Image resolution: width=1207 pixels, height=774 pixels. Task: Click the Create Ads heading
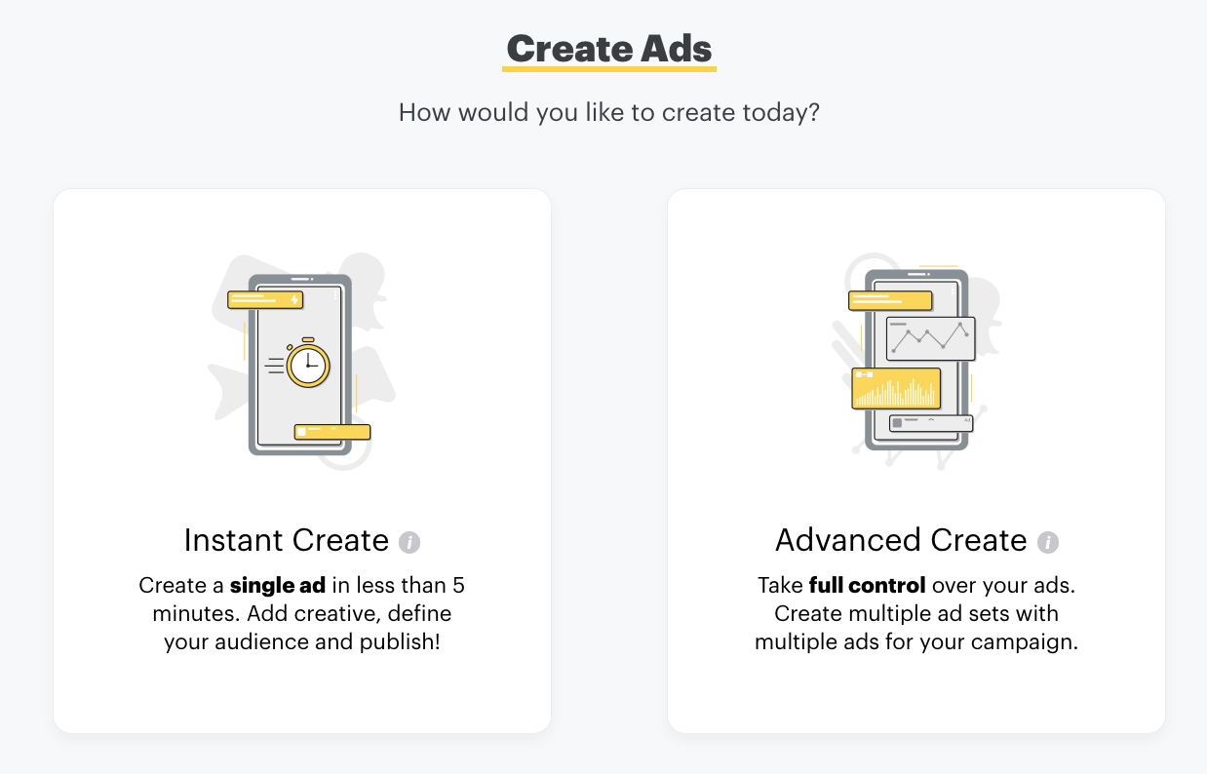click(x=609, y=49)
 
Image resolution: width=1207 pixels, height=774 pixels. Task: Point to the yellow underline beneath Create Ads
click(x=609, y=69)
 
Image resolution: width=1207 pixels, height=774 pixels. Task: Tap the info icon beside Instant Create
click(x=410, y=542)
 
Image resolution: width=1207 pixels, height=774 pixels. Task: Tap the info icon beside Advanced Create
click(x=1048, y=542)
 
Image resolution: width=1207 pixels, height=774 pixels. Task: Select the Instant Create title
click(x=287, y=540)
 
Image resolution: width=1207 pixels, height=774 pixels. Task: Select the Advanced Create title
click(x=901, y=540)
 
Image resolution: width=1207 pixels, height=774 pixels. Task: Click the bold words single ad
click(x=279, y=587)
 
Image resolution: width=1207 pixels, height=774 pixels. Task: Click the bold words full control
click(x=867, y=587)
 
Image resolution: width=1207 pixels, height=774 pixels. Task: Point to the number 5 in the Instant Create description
click(x=458, y=587)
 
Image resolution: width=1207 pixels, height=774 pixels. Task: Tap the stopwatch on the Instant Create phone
click(x=308, y=365)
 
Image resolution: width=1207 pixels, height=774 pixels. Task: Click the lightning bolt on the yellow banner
click(x=293, y=300)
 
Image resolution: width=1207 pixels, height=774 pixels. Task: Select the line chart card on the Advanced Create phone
click(x=930, y=338)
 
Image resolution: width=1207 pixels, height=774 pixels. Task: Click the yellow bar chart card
click(x=896, y=388)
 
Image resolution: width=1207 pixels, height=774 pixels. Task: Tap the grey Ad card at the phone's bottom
click(x=931, y=423)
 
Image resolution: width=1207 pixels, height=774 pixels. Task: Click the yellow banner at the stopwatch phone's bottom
click(x=332, y=432)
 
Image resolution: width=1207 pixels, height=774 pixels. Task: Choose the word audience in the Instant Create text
click(x=269, y=643)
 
